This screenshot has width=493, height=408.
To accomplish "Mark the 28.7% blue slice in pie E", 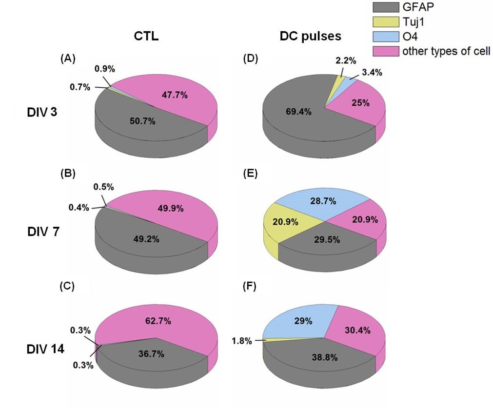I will [320, 200].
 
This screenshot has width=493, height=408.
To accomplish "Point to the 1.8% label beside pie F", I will [243, 341].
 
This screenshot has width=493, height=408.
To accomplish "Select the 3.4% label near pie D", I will [372, 73].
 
